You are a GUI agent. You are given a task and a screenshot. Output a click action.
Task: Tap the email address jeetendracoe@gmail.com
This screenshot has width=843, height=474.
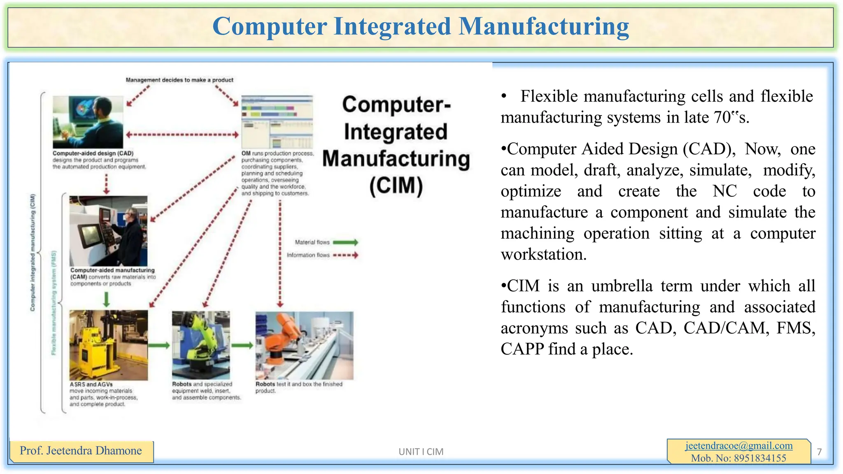pyautogui.click(x=739, y=446)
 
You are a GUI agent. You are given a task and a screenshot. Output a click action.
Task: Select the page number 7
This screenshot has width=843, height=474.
pyautogui.click(x=819, y=452)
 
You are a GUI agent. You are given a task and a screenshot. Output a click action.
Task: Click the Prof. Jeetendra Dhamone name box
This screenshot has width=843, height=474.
pyautogui.click(x=81, y=451)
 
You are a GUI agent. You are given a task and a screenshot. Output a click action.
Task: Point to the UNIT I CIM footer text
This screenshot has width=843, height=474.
pyautogui.click(x=421, y=452)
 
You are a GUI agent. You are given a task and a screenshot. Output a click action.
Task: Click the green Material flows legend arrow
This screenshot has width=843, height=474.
pyautogui.click(x=345, y=242)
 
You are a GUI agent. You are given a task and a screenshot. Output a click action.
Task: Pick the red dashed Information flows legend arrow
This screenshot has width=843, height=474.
pyautogui.click(x=345, y=255)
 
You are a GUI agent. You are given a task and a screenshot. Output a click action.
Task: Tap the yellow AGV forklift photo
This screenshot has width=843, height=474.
pyautogui.click(x=108, y=345)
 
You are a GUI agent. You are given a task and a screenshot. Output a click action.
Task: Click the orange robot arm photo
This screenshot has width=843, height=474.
pyautogui.click(x=304, y=345)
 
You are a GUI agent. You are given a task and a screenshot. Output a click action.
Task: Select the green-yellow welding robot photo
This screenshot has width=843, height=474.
pyautogui.click(x=201, y=345)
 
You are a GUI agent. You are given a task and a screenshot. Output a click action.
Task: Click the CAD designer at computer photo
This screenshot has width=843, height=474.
pyautogui.click(x=88, y=122)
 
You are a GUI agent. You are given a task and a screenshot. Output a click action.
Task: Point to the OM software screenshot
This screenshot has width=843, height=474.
pyautogui.click(x=277, y=122)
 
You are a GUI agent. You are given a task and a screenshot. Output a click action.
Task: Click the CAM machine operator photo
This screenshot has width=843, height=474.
pyautogui.click(x=108, y=231)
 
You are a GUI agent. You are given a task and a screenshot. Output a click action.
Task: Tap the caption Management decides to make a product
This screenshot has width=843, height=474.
pyautogui.click(x=179, y=80)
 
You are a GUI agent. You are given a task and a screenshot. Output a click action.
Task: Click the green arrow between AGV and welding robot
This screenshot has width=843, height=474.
pyautogui.click(x=159, y=345)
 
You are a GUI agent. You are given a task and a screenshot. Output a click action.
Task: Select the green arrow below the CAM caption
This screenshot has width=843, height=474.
pyautogui.click(x=106, y=299)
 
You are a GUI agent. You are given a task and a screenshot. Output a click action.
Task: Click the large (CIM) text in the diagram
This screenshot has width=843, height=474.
pyautogui.click(x=396, y=186)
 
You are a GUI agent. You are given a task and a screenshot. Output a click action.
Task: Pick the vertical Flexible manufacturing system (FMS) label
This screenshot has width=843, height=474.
pyautogui.click(x=54, y=302)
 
